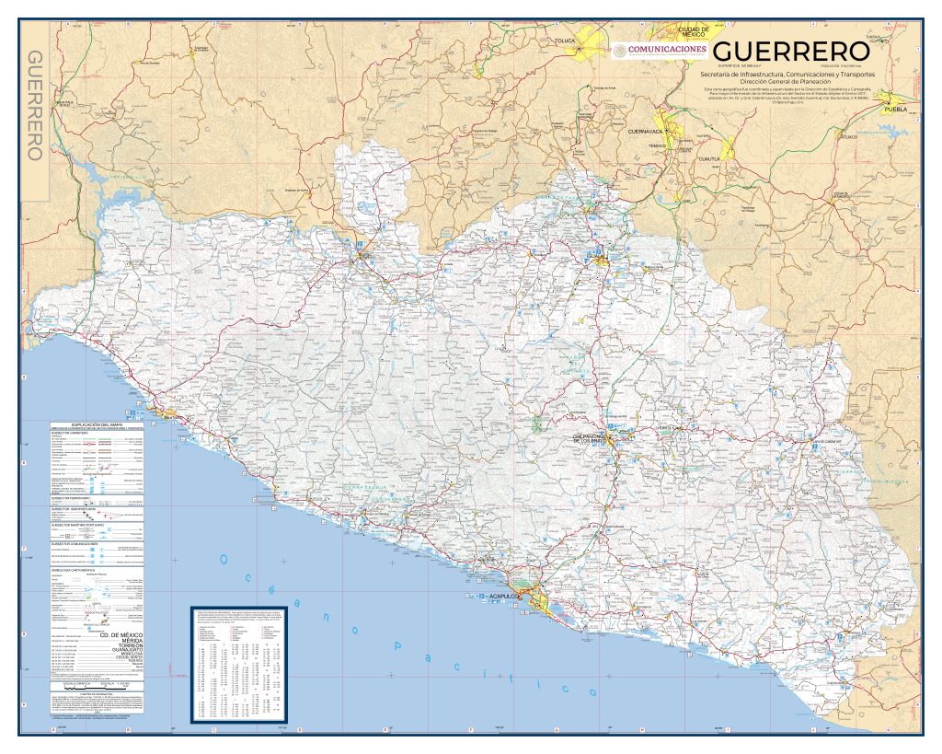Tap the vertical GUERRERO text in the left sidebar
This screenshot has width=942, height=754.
click(x=34, y=106)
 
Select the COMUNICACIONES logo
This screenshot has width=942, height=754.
click(x=660, y=50)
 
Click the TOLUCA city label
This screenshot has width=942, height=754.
click(x=565, y=41)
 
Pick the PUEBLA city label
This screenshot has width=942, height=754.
click(x=894, y=109)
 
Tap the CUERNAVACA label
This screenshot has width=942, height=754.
click(x=645, y=132)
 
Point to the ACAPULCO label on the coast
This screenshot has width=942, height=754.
click(x=505, y=597)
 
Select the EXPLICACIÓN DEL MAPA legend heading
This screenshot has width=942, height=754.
click(x=97, y=425)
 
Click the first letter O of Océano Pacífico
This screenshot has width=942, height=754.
click(x=224, y=559)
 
